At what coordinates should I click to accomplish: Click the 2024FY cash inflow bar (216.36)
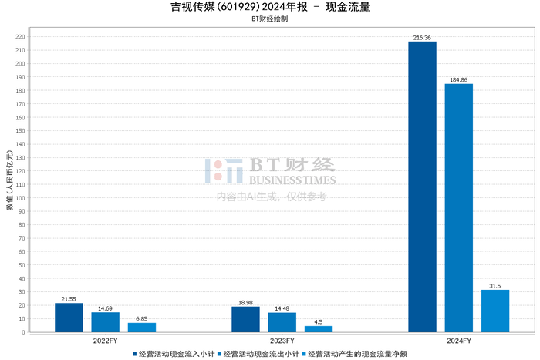point(422,187)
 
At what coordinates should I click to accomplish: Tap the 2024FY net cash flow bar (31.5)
point(495,311)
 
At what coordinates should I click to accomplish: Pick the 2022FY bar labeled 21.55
point(69,318)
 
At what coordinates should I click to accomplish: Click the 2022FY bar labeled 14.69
point(105,322)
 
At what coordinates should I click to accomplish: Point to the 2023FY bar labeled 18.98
point(245,319)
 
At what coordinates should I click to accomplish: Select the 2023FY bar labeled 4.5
point(319,329)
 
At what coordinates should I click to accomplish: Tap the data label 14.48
point(282,308)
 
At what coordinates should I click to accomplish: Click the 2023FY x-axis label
point(282,340)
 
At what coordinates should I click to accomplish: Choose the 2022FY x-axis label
point(106,340)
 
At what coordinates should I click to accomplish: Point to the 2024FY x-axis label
point(459,340)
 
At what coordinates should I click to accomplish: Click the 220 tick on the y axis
point(21,37)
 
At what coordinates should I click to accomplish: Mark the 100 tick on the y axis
point(21,198)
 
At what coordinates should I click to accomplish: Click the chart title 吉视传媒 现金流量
point(269,8)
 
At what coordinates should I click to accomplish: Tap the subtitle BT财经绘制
point(269,21)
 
